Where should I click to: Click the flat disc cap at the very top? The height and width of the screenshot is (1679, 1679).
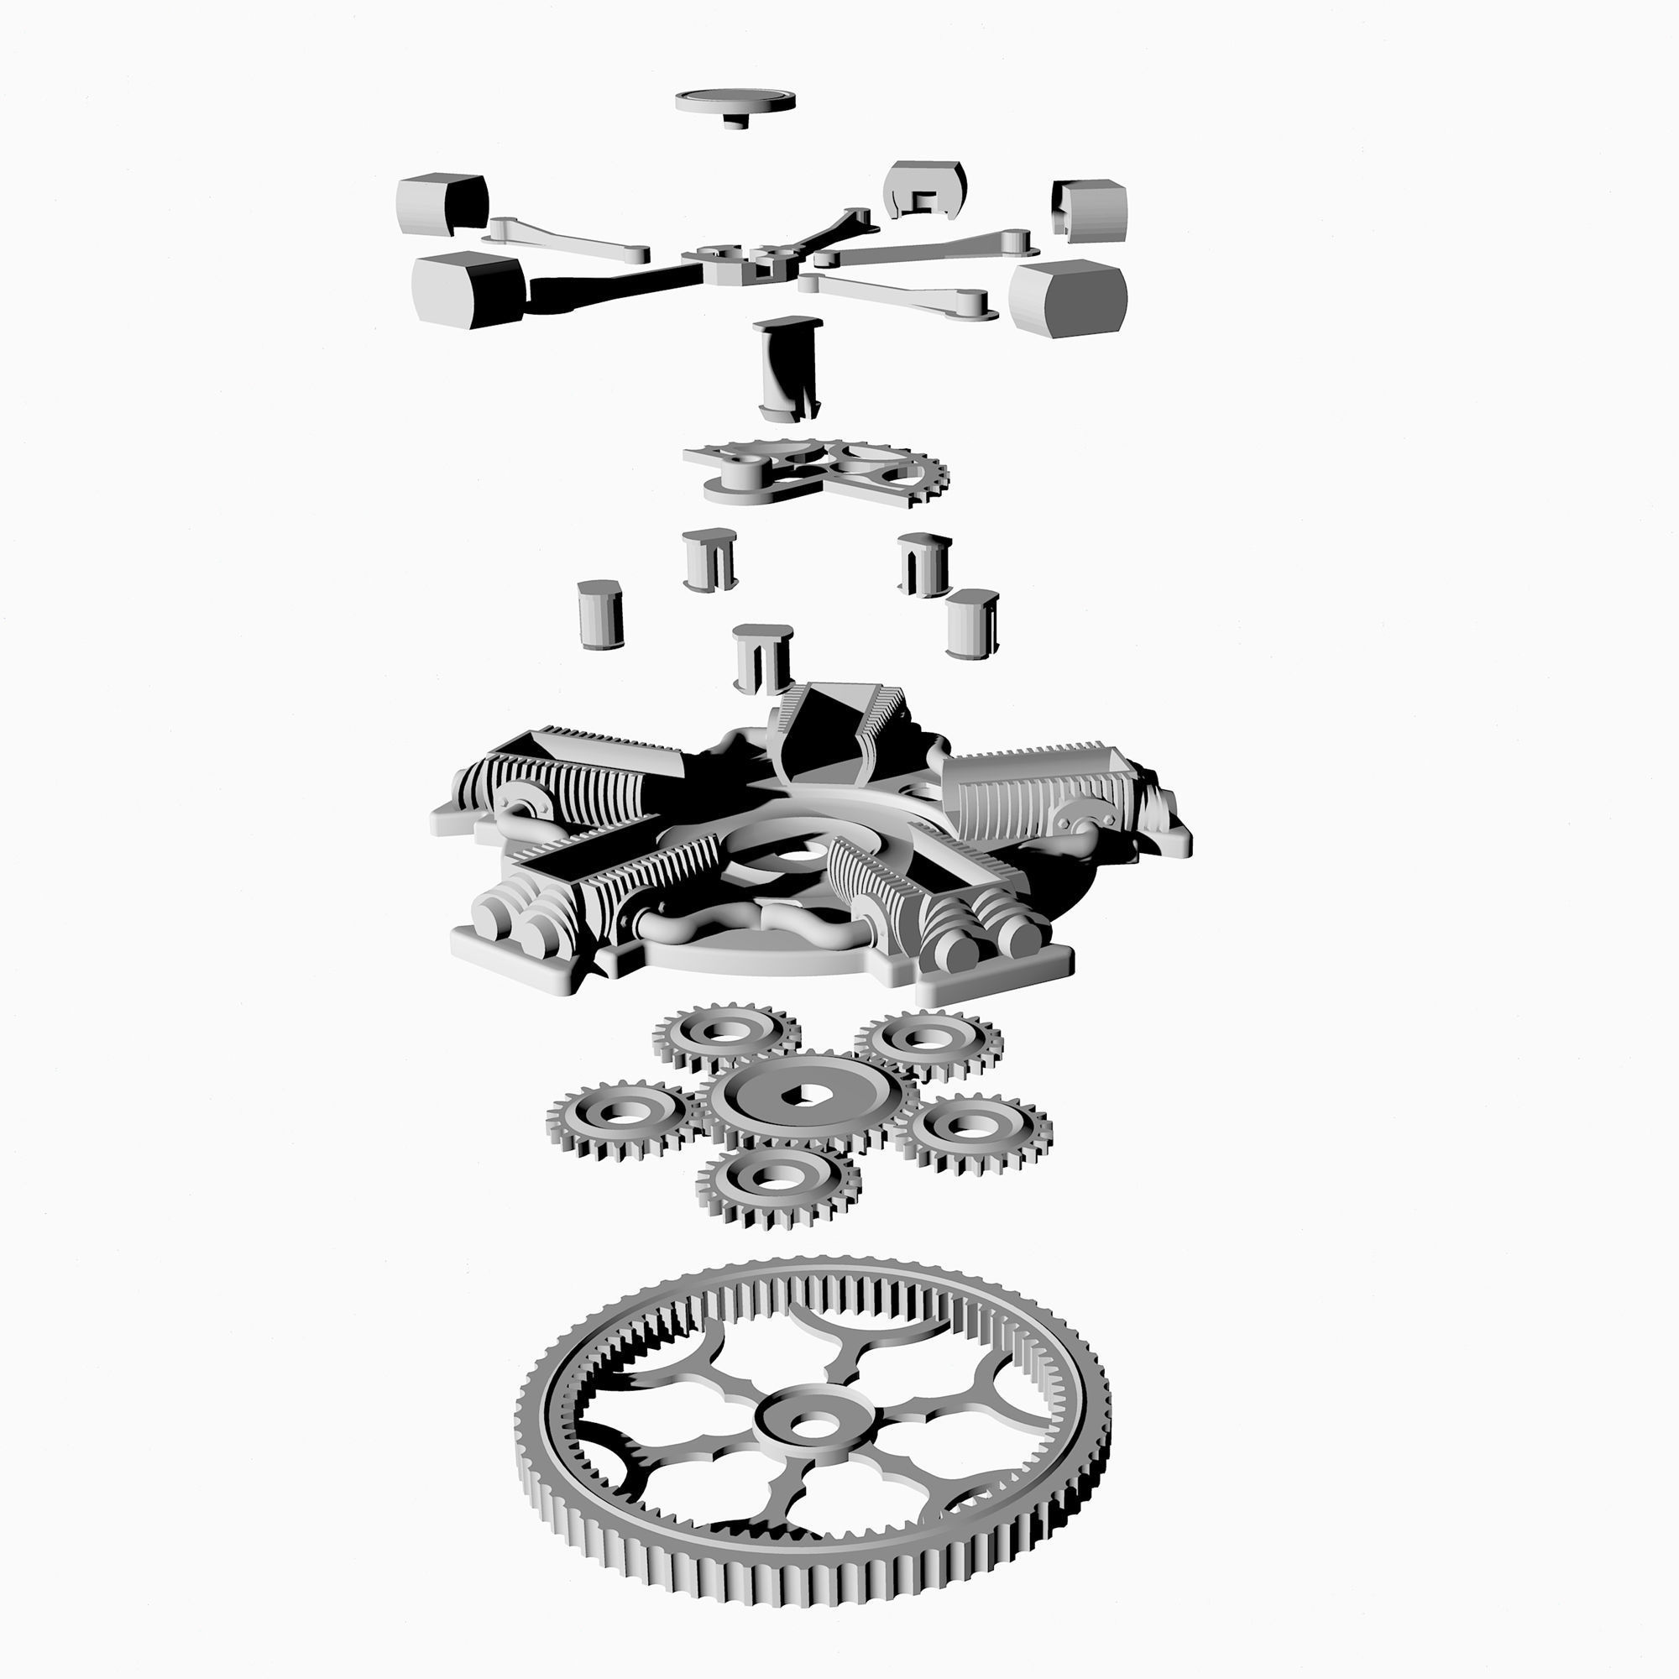point(735,99)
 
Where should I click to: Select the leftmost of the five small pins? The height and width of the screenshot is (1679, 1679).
point(600,615)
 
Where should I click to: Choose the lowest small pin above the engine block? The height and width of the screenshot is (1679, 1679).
point(762,658)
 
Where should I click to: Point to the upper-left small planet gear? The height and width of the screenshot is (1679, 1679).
point(724,1036)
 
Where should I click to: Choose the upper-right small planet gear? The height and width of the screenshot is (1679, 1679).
point(928,1041)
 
